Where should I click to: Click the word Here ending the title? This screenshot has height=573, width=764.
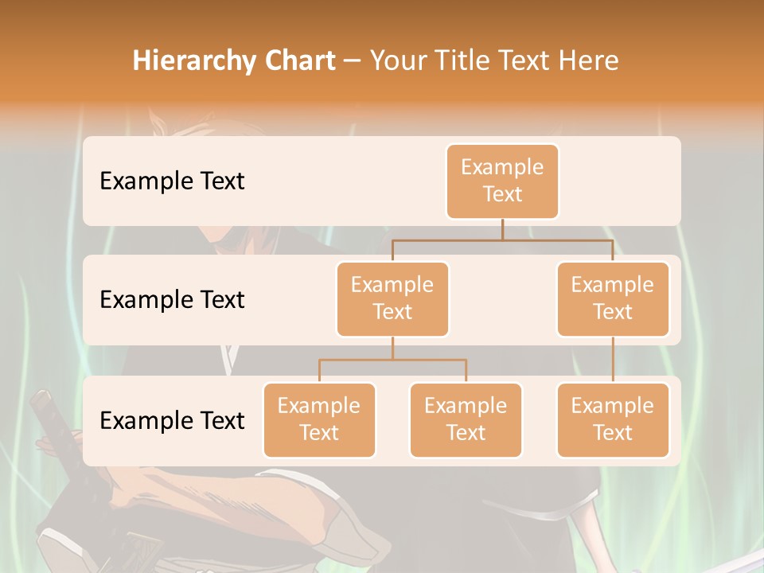coord(590,60)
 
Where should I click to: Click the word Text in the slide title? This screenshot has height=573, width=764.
coord(528,60)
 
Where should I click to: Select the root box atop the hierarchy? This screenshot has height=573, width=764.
coord(502,181)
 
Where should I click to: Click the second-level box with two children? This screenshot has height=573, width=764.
coord(392,298)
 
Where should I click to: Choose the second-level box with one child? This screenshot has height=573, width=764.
coord(613,298)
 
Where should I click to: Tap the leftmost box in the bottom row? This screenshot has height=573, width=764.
coord(319,419)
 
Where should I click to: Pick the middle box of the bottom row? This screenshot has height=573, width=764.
coord(466,419)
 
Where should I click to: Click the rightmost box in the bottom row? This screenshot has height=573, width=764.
coord(613,419)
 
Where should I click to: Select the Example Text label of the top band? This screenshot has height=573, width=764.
coord(172,181)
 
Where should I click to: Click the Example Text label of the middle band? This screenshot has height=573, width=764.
coord(172,299)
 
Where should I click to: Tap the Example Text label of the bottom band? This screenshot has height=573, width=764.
coord(172,420)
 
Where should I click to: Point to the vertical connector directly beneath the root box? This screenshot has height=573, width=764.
coord(502,229)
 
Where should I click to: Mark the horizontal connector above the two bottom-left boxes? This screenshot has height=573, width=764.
coord(392,360)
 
